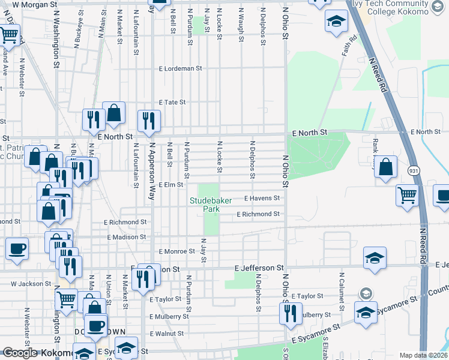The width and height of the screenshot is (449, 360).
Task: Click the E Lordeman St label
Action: coord(180,68)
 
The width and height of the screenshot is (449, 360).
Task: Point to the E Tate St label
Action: coord(172,103)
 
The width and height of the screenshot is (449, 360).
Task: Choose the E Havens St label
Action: coord(262,198)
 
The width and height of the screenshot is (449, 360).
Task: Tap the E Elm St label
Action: coord(170,184)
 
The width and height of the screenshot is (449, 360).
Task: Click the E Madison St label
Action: coord(127,237)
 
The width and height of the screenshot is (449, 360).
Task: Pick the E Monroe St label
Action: coord(174,251)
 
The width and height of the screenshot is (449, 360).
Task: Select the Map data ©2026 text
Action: coord(423,355)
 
